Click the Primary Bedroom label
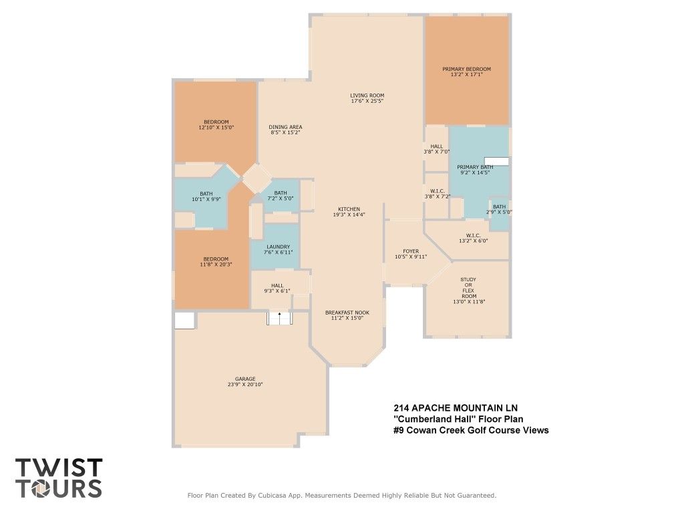pyautogui.click(x=466, y=69)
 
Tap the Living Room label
pyautogui.click(x=367, y=96)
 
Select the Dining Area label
pyautogui.click(x=285, y=128)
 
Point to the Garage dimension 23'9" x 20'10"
pyautogui.click(x=244, y=385)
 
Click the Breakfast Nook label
pyautogui.click(x=347, y=313)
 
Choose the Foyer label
pyautogui.click(x=411, y=251)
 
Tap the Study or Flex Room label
pyautogui.click(x=468, y=288)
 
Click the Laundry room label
pyautogui.click(x=279, y=247)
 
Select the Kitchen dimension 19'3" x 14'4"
pyautogui.click(x=349, y=214)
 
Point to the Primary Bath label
pyautogui.click(x=475, y=167)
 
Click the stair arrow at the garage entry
pyautogui.click(x=280, y=315)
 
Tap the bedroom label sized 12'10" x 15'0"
pyautogui.click(x=216, y=125)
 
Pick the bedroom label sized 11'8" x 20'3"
pyautogui.click(x=216, y=262)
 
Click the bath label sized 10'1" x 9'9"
pyautogui.click(x=206, y=196)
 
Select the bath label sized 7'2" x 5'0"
pyautogui.click(x=281, y=196)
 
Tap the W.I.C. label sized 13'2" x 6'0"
pyautogui.click(x=474, y=238)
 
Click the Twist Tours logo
pyautogui.click(x=59, y=478)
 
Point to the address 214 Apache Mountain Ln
pyautogui.click(x=456, y=408)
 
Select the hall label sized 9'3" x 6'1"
pyautogui.click(x=277, y=289)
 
